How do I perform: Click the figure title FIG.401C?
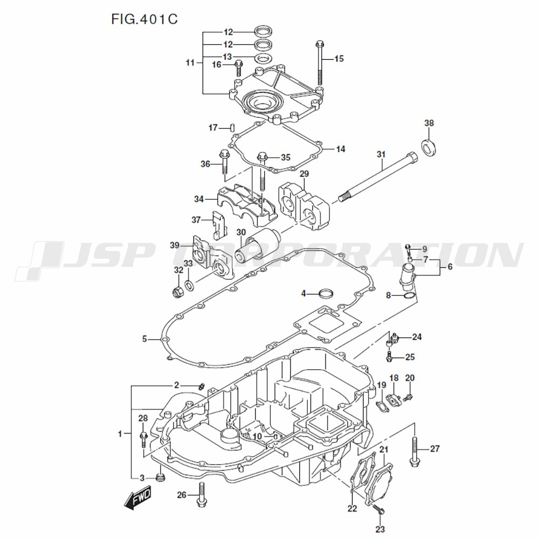[144, 19]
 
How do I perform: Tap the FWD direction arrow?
[138, 498]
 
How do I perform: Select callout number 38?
[429, 123]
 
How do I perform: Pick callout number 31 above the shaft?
[381, 155]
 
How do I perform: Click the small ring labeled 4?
[326, 293]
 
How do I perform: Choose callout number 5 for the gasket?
[144, 339]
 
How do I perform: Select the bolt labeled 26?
[201, 495]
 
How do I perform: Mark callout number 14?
[340, 149]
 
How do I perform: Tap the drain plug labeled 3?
[159, 478]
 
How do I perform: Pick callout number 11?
[189, 63]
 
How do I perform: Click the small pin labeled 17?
[231, 128]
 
